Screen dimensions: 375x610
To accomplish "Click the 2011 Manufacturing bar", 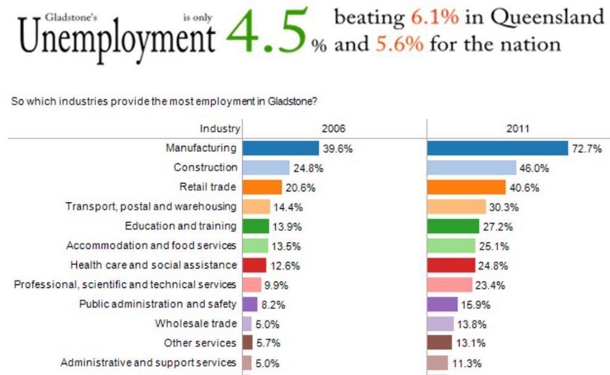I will pos(497,148).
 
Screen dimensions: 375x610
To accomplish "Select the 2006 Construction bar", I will pos(266,168).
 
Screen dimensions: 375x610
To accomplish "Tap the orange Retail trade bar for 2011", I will pos(466,187).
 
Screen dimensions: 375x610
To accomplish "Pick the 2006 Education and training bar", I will pos(256,226).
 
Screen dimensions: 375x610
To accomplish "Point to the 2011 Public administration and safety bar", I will pos(443,304).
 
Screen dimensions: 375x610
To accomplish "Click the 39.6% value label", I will pos(338,149).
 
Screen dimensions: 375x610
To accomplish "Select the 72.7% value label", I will pos(587,149).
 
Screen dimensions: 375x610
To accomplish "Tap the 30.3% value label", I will pos(504,207).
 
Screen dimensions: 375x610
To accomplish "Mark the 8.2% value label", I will pos(273,305).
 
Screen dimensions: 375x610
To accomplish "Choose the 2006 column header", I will pos(333,129).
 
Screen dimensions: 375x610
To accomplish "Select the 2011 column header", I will pos(518,129).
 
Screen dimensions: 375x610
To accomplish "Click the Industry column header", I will pos(220,129).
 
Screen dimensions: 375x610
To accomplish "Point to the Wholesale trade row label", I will pos(195,324).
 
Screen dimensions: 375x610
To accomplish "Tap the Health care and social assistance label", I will pos(153,265).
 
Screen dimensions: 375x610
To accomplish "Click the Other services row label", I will pos(200,343).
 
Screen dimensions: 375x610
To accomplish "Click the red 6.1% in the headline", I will pos(435,17).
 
